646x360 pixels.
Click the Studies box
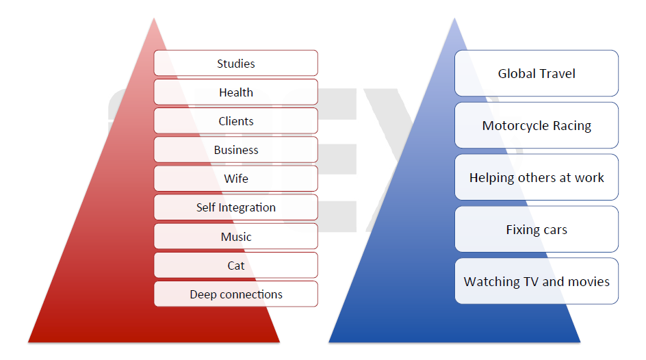click(x=235, y=64)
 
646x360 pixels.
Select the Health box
click(x=235, y=92)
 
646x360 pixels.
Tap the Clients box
click(x=235, y=121)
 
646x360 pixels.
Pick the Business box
click(x=235, y=150)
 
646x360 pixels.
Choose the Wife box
click(x=235, y=179)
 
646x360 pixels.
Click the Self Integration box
click(x=235, y=207)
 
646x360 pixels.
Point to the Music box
click(x=235, y=237)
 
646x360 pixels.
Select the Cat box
click(x=235, y=266)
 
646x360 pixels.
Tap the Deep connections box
click(x=235, y=294)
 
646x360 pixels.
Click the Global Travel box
click(x=537, y=73)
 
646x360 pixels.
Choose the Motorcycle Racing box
click(x=537, y=125)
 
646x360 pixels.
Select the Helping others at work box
click(x=537, y=177)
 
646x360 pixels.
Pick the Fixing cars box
click(x=537, y=229)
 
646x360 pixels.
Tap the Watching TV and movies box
click(x=537, y=281)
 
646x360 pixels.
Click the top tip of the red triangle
click(x=154, y=18)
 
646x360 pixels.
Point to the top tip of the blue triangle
click(x=454, y=18)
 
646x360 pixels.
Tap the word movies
click(x=586, y=281)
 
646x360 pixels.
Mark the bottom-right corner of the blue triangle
click(x=580, y=342)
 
